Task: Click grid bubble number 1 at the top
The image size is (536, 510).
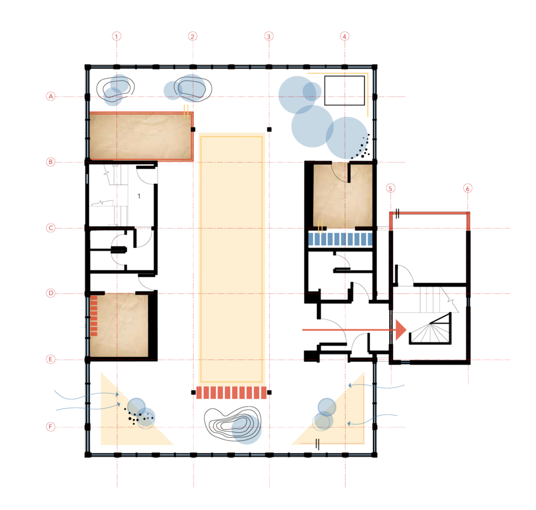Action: click(x=117, y=36)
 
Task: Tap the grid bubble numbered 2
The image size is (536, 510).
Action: click(x=192, y=36)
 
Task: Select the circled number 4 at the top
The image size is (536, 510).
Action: click(x=344, y=36)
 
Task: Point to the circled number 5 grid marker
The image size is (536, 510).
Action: click(x=391, y=188)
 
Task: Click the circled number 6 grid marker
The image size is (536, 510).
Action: click(x=467, y=188)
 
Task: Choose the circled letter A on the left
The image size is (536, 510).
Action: click(x=51, y=97)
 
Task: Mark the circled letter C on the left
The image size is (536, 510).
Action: click(x=51, y=228)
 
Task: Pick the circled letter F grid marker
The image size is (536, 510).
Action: click(x=51, y=427)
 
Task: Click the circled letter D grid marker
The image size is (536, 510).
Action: click(x=51, y=293)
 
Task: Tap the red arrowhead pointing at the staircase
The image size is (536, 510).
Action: click(x=400, y=329)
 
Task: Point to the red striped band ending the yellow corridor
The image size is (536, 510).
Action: click(x=232, y=393)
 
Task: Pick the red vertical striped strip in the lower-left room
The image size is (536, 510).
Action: click(x=94, y=316)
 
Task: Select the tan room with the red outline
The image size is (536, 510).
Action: click(x=141, y=136)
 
